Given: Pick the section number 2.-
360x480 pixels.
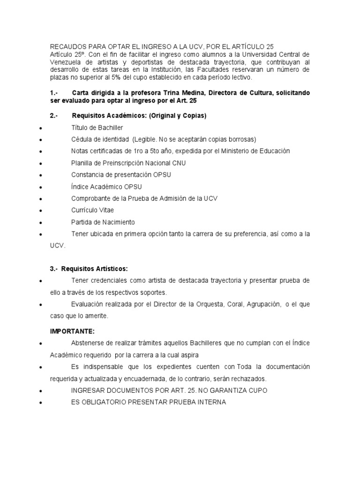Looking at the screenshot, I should click(54, 115).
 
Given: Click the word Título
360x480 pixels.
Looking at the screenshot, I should click(79, 127).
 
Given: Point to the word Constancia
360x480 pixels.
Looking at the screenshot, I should click(88, 174).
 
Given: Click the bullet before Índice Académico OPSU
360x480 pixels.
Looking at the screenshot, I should click(42, 187).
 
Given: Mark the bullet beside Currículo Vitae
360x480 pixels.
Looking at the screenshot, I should click(42, 210).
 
